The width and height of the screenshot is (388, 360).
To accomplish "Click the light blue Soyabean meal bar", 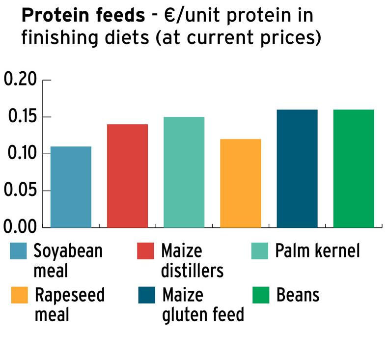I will (x=71, y=187).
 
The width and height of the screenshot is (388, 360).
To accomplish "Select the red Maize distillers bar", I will (x=127, y=176).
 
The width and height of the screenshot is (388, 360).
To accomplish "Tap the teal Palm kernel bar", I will (x=184, y=172).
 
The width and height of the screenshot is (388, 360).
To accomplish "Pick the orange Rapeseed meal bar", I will (x=240, y=183).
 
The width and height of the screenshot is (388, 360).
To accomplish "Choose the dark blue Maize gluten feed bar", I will (x=297, y=168).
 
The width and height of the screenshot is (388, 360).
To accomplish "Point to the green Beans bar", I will (x=354, y=168).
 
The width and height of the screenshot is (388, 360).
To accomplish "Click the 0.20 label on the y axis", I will (x=21, y=80).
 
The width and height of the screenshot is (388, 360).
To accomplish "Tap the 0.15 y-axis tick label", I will (x=21, y=117).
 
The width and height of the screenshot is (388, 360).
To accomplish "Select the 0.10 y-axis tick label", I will (x=21, y=154).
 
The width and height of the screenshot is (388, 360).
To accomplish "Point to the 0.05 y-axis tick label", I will (x=21, y=191).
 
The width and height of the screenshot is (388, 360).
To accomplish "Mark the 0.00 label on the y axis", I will (x=21, y=227).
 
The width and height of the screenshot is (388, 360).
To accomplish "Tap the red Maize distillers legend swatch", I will (x=146, y=251).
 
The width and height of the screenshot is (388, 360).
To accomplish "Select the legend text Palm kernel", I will (x=317, y=251).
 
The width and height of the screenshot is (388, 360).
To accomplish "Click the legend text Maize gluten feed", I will (x=202, y=305).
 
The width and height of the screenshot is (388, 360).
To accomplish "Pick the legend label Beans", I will (x=298, y=296).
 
